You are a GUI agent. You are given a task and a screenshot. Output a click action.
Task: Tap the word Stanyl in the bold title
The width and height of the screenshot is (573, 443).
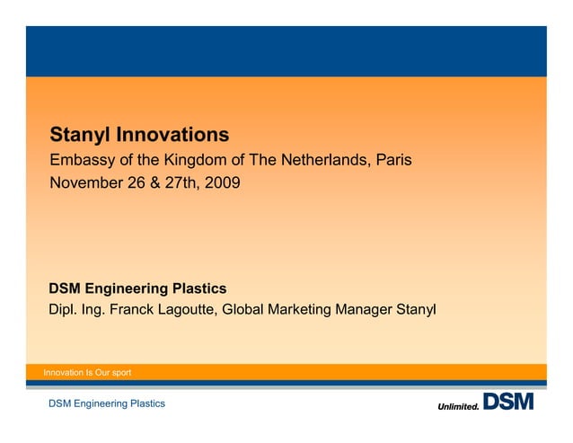[x=78, y=136]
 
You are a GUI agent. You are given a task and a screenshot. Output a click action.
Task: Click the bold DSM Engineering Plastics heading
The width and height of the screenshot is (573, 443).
[x=137, y=288]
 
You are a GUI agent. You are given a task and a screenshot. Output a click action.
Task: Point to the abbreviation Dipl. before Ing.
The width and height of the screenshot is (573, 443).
[x=64, y=311]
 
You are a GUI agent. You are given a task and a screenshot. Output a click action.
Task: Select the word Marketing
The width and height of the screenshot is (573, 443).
[x=303, y=311]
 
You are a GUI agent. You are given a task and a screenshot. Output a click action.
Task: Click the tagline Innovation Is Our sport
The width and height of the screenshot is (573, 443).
[x=82, y=372]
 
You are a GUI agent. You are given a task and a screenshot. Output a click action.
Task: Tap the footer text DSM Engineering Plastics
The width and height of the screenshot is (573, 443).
[x=107, y=404]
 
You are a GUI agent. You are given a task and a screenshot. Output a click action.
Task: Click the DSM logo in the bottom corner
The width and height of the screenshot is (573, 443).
[x=508, y=402]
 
